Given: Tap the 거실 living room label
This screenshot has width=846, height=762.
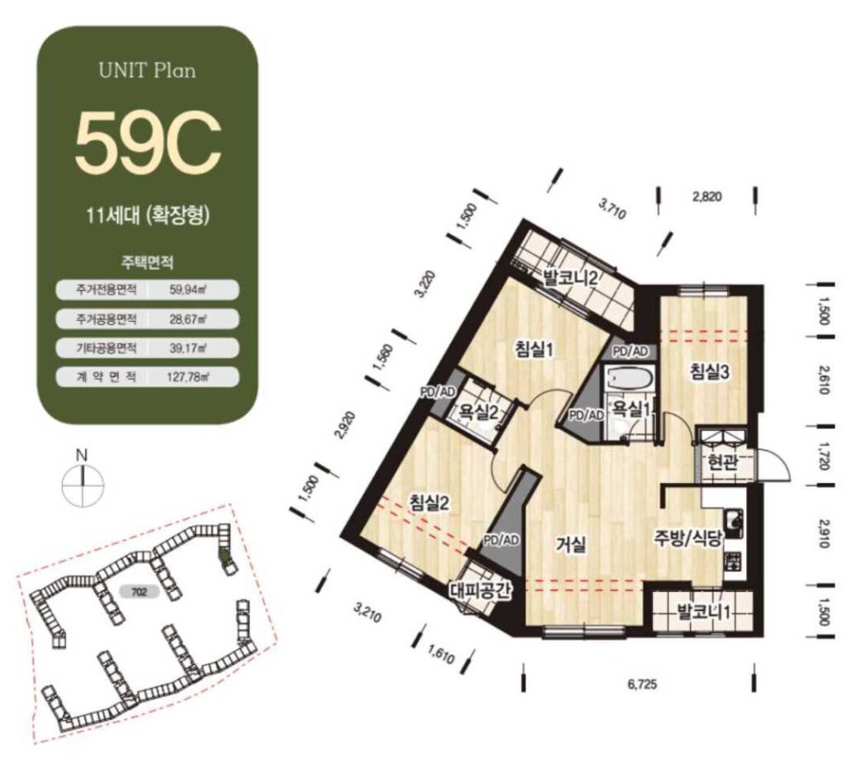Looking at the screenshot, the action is click(x=572, y=545).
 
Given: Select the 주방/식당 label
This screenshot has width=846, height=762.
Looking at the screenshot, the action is click(x=688, y=538).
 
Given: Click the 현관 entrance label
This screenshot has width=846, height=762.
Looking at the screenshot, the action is click(x=722, y=463).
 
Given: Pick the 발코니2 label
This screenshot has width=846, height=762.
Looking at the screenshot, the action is click(x=569, y=279).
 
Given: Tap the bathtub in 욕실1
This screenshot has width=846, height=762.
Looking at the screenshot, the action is click(x=630, y=377).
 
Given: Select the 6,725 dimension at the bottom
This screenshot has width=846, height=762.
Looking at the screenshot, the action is click(x=642, y=685).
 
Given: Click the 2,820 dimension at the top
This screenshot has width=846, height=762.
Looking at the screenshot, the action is click(x=707, y=196).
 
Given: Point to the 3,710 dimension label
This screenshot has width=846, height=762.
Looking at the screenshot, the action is click(x=612, y=209).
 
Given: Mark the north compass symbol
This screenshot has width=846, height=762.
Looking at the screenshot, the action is click(x=83, y=479).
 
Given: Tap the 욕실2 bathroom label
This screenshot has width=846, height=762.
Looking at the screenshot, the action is click(x=478, y=413).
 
